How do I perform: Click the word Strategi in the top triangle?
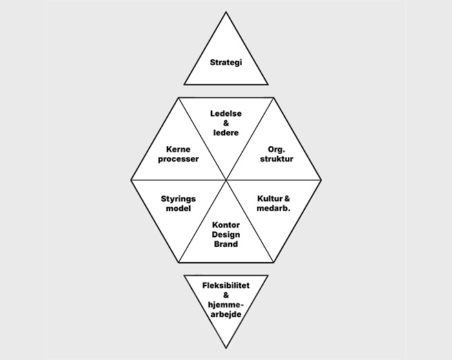[x=226, y=63]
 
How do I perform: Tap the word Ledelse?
[x=226, y=113]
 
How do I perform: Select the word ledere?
[x=226, y=132]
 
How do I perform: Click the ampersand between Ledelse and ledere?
[x=226, y=123]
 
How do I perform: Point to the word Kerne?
[x=178, y=150]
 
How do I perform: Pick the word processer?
[x=178, y=159]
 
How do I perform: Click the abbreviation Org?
[x=276, y=150]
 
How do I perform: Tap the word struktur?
[x=276, y=159]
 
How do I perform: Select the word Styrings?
[x=178, y=199]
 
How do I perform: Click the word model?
[x=178, y=208]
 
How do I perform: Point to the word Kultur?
[x=269, y=199]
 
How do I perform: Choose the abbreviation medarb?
[x=274, y=208]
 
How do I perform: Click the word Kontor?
[x=226, y=225]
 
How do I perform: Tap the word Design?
[x=226, y=234]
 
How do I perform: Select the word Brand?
[x=226, y=244]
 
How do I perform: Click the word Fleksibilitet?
[x=226, y=286]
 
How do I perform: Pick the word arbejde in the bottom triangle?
[x=226, y=314]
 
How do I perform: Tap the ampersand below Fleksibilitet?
[x=226, y=295]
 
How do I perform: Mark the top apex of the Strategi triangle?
[x=226, y=12]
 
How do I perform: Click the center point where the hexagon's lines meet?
[x=226, y=180]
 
